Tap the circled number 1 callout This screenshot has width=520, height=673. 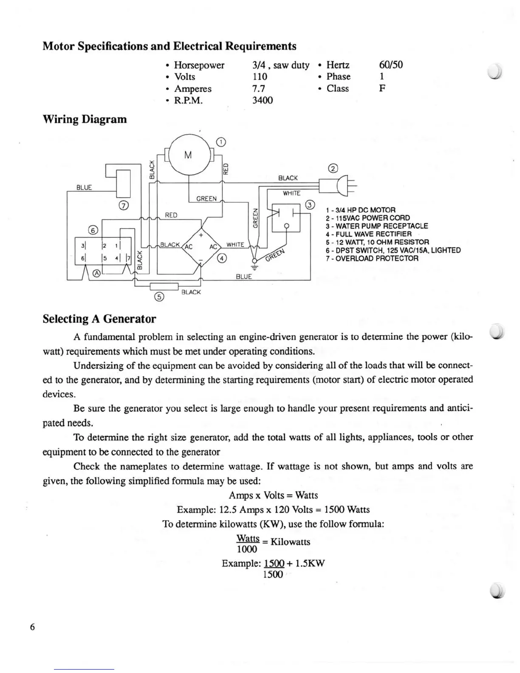coord(221,141)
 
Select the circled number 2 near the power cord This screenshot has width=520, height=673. coord(333,168)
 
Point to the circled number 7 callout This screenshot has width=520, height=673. coord(124,206)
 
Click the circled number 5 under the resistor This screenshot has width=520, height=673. coord(159,297)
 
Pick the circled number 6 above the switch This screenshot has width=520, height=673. coord(93,230)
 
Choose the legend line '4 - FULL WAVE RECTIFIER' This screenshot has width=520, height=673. coord(368,234)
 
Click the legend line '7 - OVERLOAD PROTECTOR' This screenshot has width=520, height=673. coord(372,258)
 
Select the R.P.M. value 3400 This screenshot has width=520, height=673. coord(262,100)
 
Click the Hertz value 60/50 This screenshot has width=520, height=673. coord(390,65)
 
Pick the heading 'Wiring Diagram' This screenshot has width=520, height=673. coord(85,119)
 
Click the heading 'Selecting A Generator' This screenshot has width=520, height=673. coord(99,319)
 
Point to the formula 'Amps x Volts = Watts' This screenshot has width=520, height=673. coord(273,495)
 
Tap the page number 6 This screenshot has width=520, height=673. coord(33,627)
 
